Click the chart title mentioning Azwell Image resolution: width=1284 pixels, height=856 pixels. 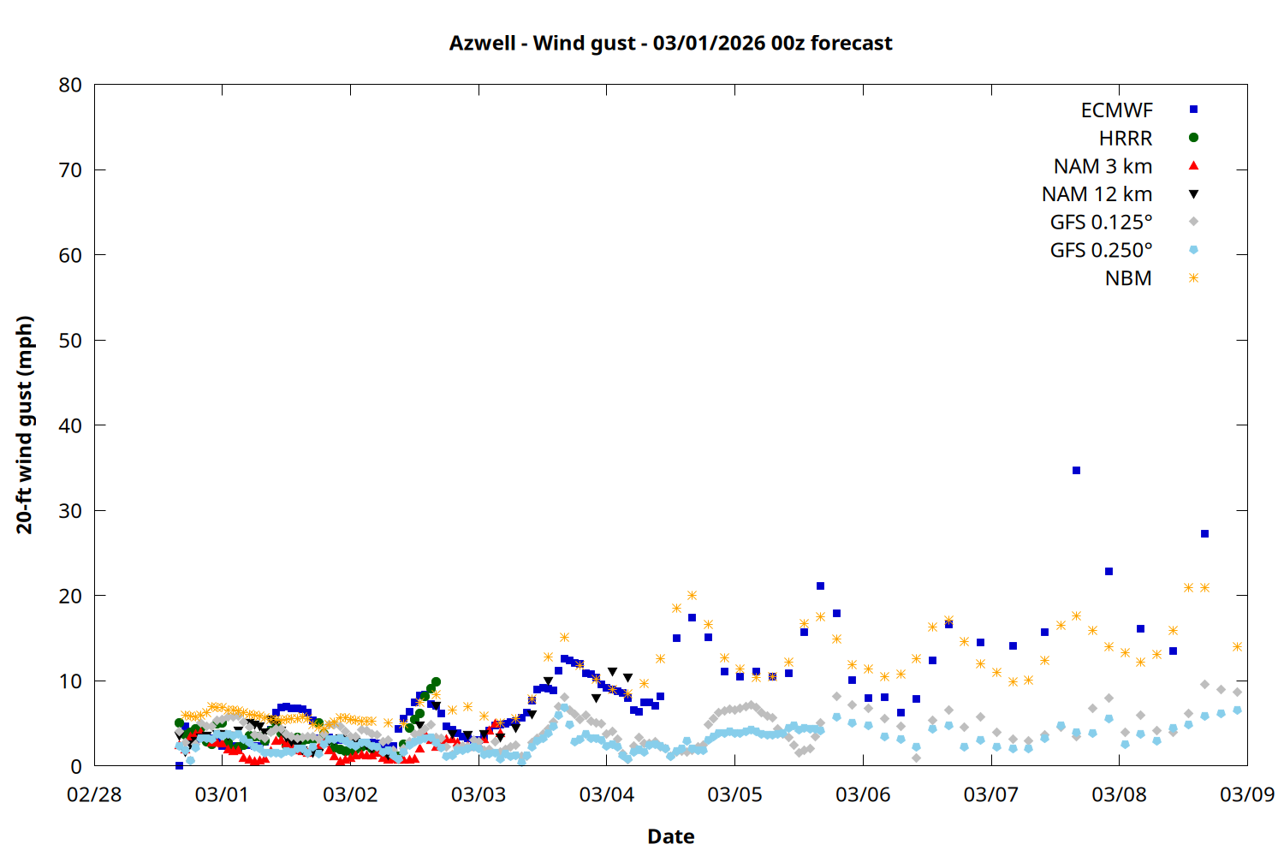(x=670, y=43)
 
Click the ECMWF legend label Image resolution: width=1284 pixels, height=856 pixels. (x=1116, y=110)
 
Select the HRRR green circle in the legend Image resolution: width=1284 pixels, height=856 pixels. (x=1193, y=138)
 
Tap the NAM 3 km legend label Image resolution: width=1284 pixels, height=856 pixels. (x=1103, y=166)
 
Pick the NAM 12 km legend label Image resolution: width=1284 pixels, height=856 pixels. (x=1097, y=194)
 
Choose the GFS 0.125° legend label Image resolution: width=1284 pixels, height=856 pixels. (x=1101, y=223)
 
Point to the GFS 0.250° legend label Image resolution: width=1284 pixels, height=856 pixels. (x=1101, y=250)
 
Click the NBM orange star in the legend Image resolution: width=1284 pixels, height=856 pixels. (x=1193, y=278)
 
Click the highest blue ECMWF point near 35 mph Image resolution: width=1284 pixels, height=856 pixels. (x=1076, y=470)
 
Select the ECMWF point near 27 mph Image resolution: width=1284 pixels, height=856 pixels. (x=1204, y=533)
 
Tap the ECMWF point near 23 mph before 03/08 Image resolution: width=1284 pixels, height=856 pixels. (x=1109, y=571)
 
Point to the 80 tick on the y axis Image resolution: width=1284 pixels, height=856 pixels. (x=70, y=85)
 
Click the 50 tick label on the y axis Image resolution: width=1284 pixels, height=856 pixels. (x=70, y=340)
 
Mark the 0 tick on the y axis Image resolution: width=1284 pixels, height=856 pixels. (x=76, y=766)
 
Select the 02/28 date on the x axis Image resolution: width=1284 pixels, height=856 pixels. (x=94, y=794)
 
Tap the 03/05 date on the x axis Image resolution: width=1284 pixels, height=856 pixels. (x=734, y=794)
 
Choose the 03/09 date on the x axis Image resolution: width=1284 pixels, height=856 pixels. (x=1246, y=794)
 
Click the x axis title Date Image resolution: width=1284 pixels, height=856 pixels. (x=670, y=836)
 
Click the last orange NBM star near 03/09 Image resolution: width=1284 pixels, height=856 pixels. (x=1237, y=646)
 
